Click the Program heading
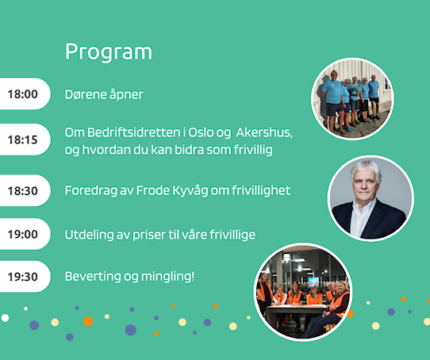[x=109, y=52]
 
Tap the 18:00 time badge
[x=25, y=94]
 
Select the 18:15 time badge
[x=25, y=140]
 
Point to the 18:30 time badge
[x=25, y=190]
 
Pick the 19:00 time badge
[x=25, y=234]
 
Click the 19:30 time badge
[x=25, y=277]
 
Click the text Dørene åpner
[x=104, y=94]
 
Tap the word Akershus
[x=264, y=132]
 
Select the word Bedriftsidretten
[x=134, y=132]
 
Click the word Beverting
[x=93, y=277]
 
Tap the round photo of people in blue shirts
[x=353, y=99]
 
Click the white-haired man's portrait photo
[x=370, y=198]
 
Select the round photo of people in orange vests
[x=303, y=293]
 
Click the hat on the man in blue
[x=334, y=72]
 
